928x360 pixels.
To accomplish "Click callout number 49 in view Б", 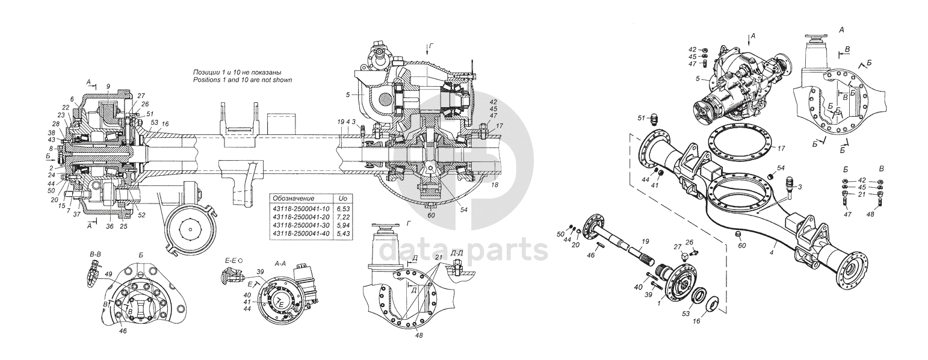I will coord(108,275).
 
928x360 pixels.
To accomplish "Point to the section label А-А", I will coord(280,263).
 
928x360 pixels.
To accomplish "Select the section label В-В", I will coord(95,255).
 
